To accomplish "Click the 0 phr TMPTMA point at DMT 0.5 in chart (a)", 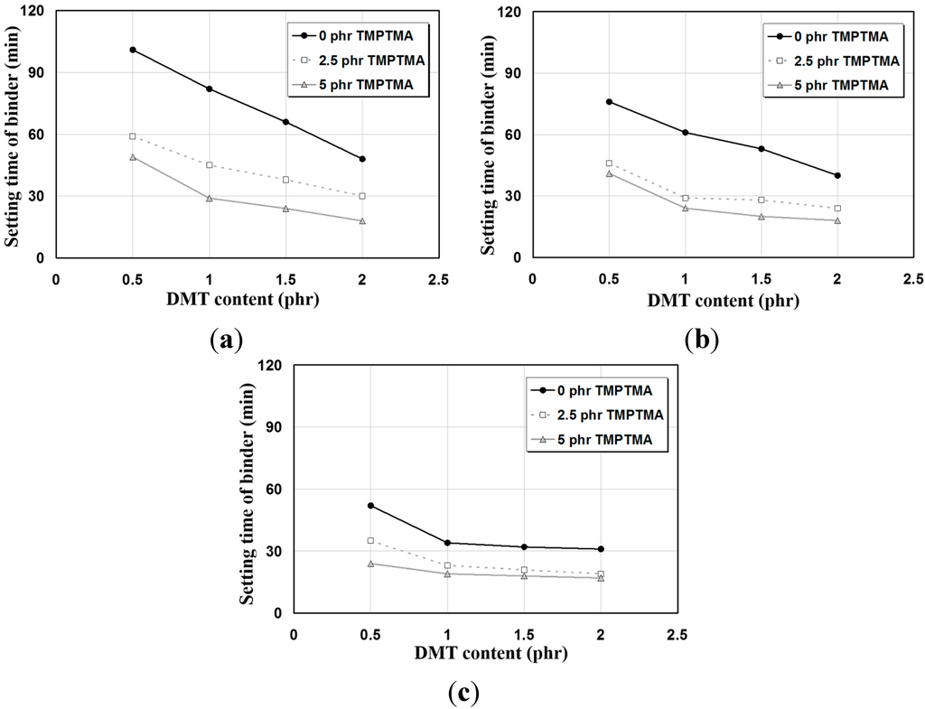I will click(133, 50).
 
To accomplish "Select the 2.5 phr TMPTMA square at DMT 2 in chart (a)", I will click(362, 196).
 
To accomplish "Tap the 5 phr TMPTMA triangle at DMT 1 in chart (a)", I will click(210, 198).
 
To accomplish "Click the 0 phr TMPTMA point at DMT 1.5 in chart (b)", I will click(761, 149).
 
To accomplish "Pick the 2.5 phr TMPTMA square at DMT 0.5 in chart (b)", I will click(609, 163).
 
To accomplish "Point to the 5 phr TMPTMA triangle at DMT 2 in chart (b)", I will click(837, 220).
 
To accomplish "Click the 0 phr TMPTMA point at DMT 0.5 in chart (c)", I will click(370, 506).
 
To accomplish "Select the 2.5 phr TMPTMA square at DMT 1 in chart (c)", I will click(447, 565).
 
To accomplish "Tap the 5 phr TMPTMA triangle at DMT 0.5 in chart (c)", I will click(370, 564).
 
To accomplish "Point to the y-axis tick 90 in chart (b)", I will click(513, 73).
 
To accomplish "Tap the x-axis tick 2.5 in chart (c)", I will click(677, 632).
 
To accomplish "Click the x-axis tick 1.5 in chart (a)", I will click(285, 277).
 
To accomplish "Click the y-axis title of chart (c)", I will click(249, 488).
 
